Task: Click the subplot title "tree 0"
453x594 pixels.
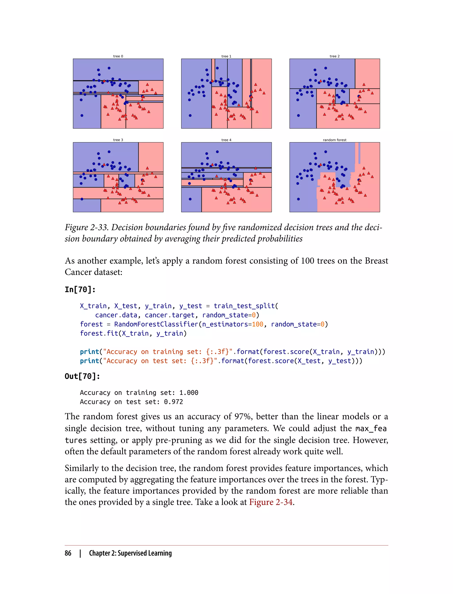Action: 118,56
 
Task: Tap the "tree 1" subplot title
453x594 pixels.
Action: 226,56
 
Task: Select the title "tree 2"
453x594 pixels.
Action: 334,56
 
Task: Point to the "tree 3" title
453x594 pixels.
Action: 118,140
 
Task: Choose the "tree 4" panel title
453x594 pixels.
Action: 226,140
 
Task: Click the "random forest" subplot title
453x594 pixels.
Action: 334,140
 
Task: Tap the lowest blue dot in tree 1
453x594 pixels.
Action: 190,116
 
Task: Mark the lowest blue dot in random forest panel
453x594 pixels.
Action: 298,199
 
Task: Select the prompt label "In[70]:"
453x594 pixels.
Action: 80,289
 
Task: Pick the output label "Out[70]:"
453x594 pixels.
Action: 82,376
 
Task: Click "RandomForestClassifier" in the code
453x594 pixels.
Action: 156,324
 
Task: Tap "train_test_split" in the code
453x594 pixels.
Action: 244,306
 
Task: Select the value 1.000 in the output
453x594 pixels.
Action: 189,392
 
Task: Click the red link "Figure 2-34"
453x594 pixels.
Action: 271,502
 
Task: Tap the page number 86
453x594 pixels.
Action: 68,553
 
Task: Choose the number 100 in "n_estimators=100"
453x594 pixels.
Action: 257,324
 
